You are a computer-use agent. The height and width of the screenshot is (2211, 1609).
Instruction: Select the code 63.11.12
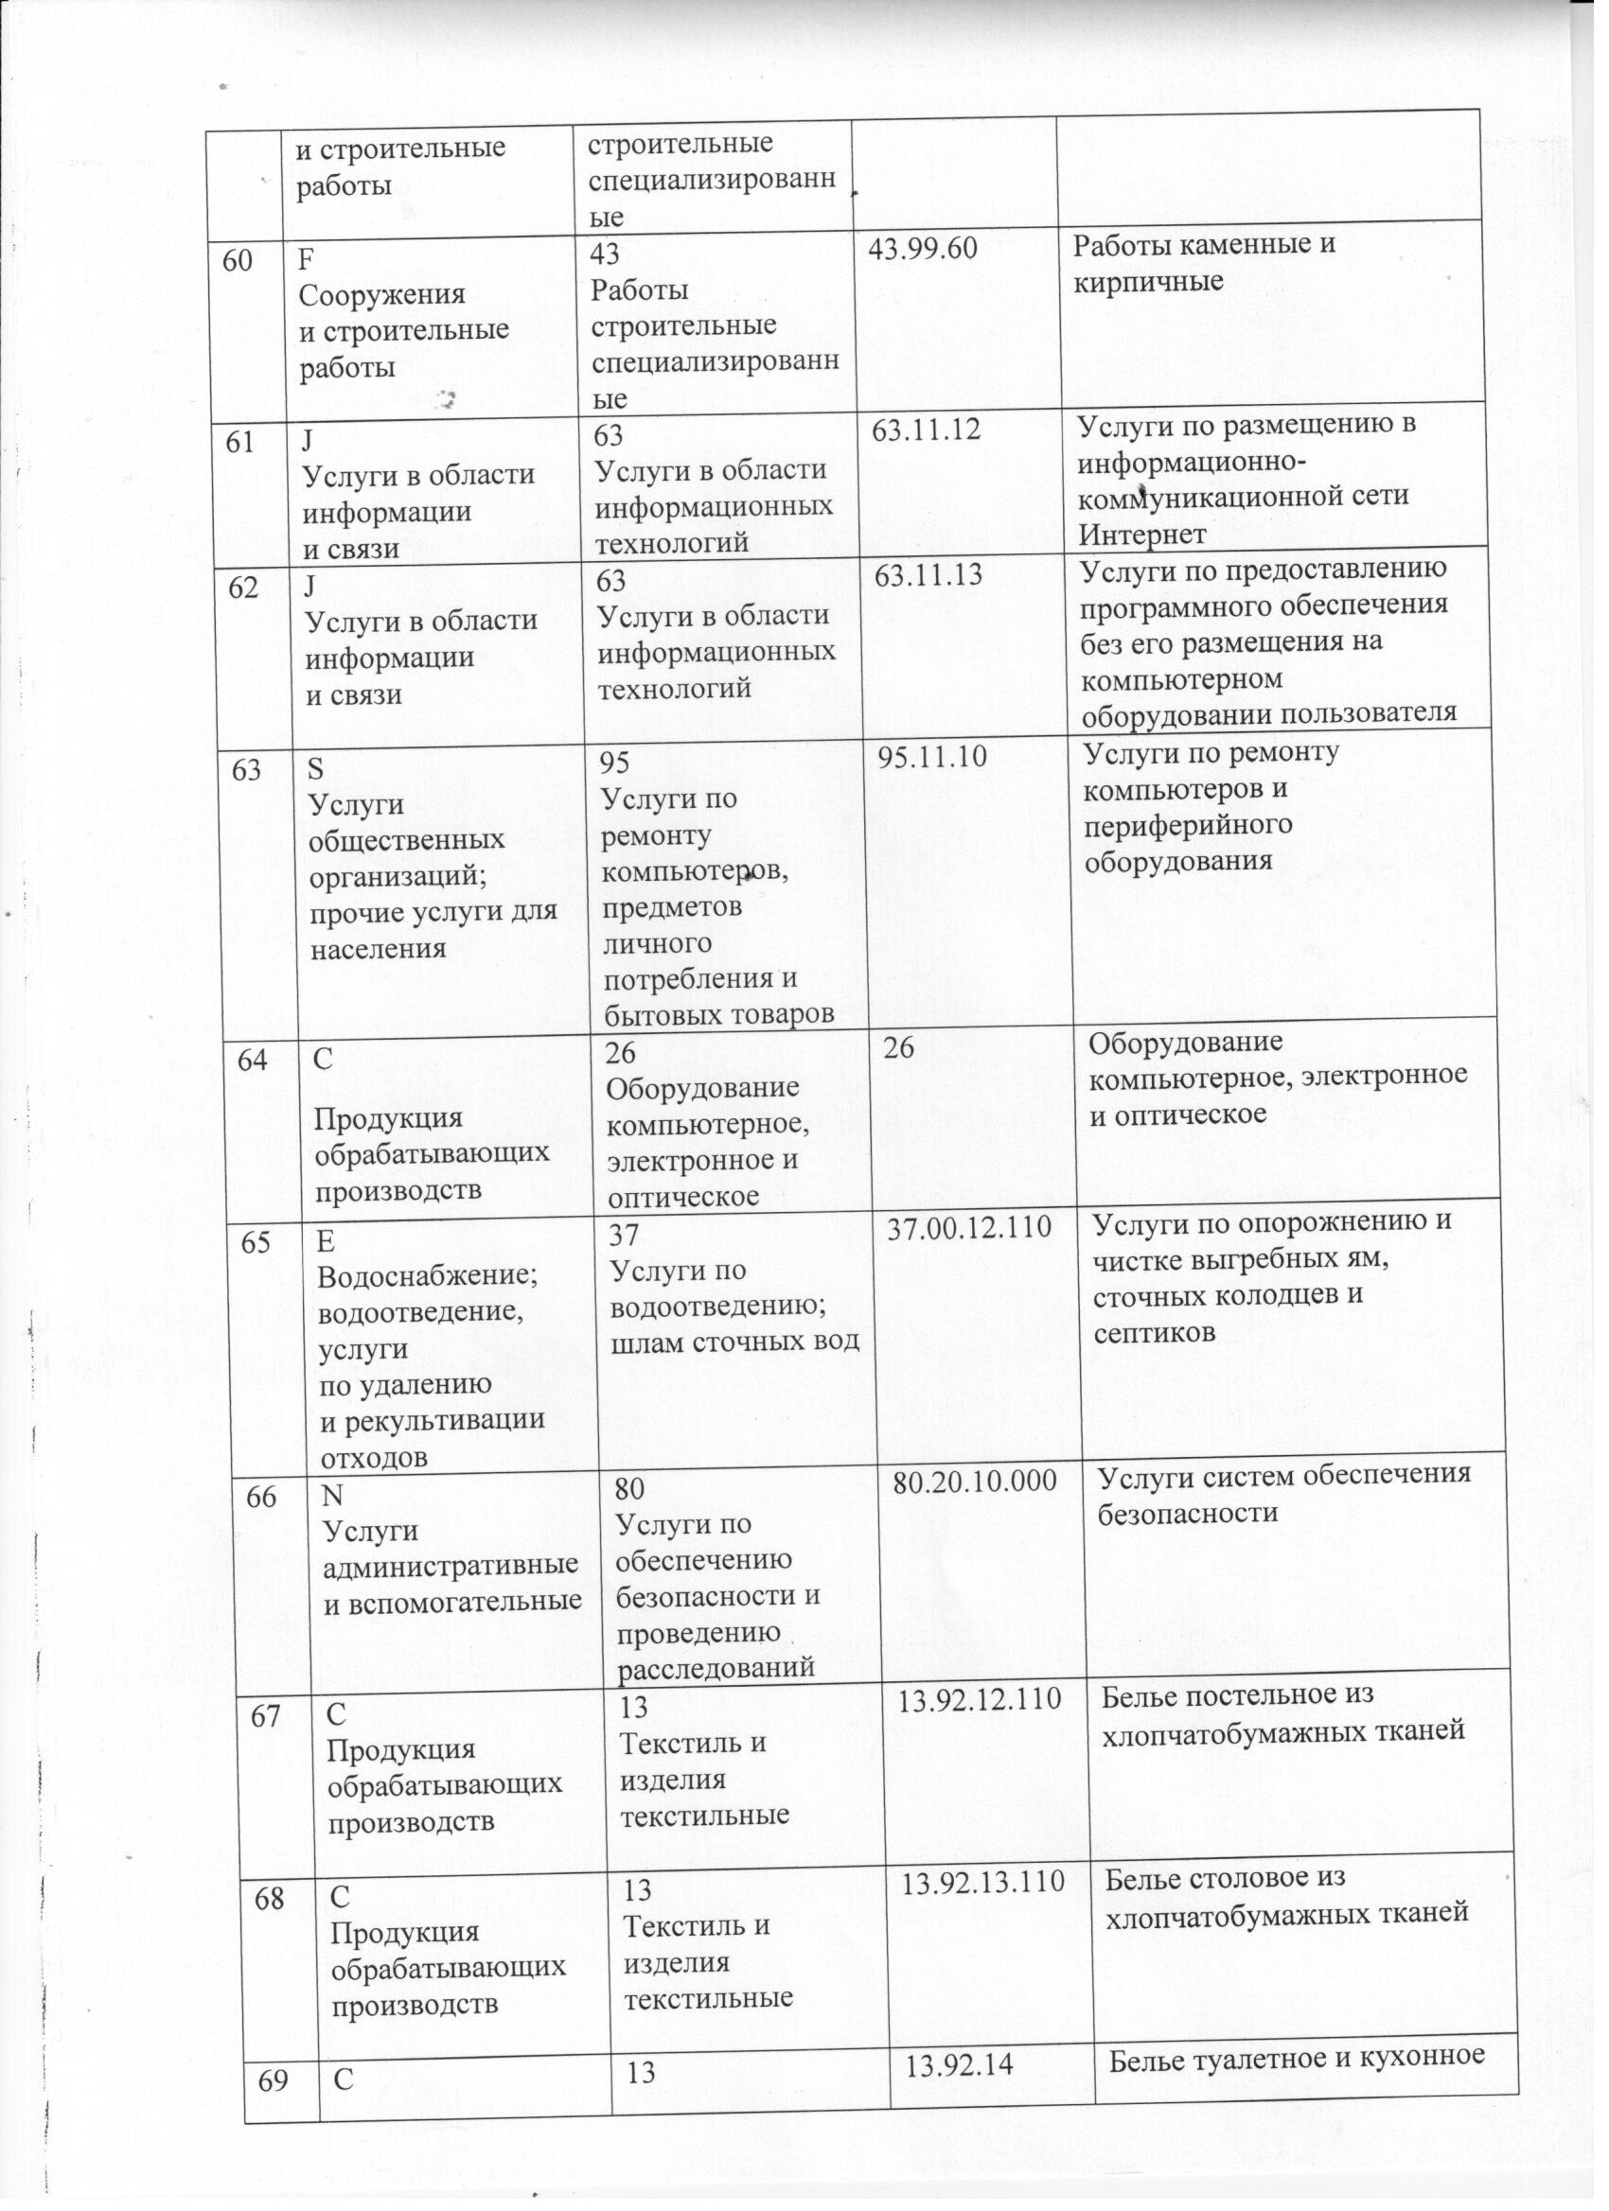926,430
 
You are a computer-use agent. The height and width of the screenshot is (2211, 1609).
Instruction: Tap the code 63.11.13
928,576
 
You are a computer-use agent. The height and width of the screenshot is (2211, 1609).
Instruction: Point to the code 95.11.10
932,758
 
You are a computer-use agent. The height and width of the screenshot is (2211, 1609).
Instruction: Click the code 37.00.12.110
968,1229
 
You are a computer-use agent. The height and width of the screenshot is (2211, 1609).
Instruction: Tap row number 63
247,770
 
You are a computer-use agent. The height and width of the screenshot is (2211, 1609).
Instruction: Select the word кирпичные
1148,283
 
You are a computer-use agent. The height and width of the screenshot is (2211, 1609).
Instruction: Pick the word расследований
716,1668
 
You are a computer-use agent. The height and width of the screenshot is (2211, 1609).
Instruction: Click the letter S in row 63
315,769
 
